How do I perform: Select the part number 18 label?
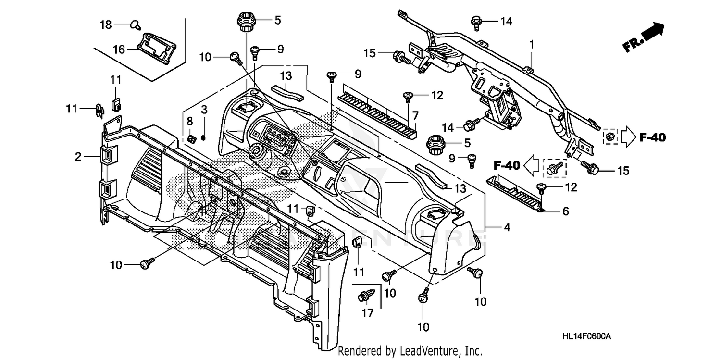point(106,24)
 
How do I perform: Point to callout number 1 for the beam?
point(532,44)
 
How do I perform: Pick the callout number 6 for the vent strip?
point(565,211)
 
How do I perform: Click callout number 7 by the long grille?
point(415,115)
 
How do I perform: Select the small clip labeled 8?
point(191,139)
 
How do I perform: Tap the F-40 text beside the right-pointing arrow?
point(652,138)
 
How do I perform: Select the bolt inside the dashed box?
point(555,168)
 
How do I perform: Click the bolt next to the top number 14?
point(477,22)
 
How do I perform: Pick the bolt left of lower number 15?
point(590,167)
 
